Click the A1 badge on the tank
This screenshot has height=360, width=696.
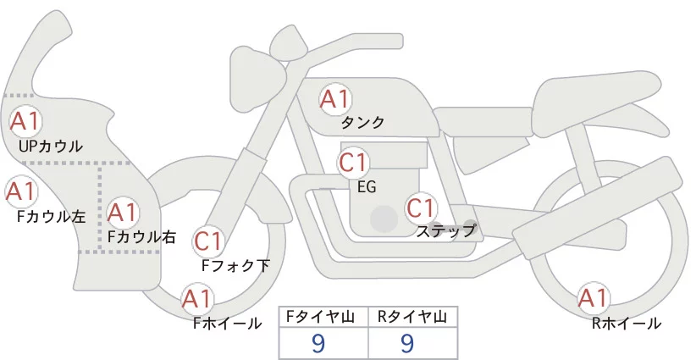[x=335, y=99]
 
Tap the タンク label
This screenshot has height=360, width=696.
[x=362, y=123]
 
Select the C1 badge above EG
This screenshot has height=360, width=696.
[x=353, y=163]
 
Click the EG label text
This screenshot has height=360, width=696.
[x=367, y=187]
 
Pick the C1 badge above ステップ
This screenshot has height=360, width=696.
[x=421, y=208]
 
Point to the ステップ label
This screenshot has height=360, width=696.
[x=445, y=231]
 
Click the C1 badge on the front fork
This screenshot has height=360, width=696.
[x=207, y=241]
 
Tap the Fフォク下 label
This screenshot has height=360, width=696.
[x=235, y=265]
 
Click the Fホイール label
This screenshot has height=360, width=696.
[x=227, y=324]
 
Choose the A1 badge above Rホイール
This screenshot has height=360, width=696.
[x=593, y=297]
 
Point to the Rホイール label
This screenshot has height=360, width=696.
[x=627, y=324]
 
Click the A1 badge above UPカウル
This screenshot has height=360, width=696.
[x=25, y=121]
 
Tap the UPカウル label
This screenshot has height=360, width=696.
[x=51, y=146]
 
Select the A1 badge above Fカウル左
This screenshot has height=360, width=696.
[x=20, y=191]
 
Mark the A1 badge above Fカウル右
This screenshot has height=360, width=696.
[x=123, y=213]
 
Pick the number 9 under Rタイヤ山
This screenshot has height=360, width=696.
[x=407, y=343]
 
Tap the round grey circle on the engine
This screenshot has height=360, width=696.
[x=384, y=219]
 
